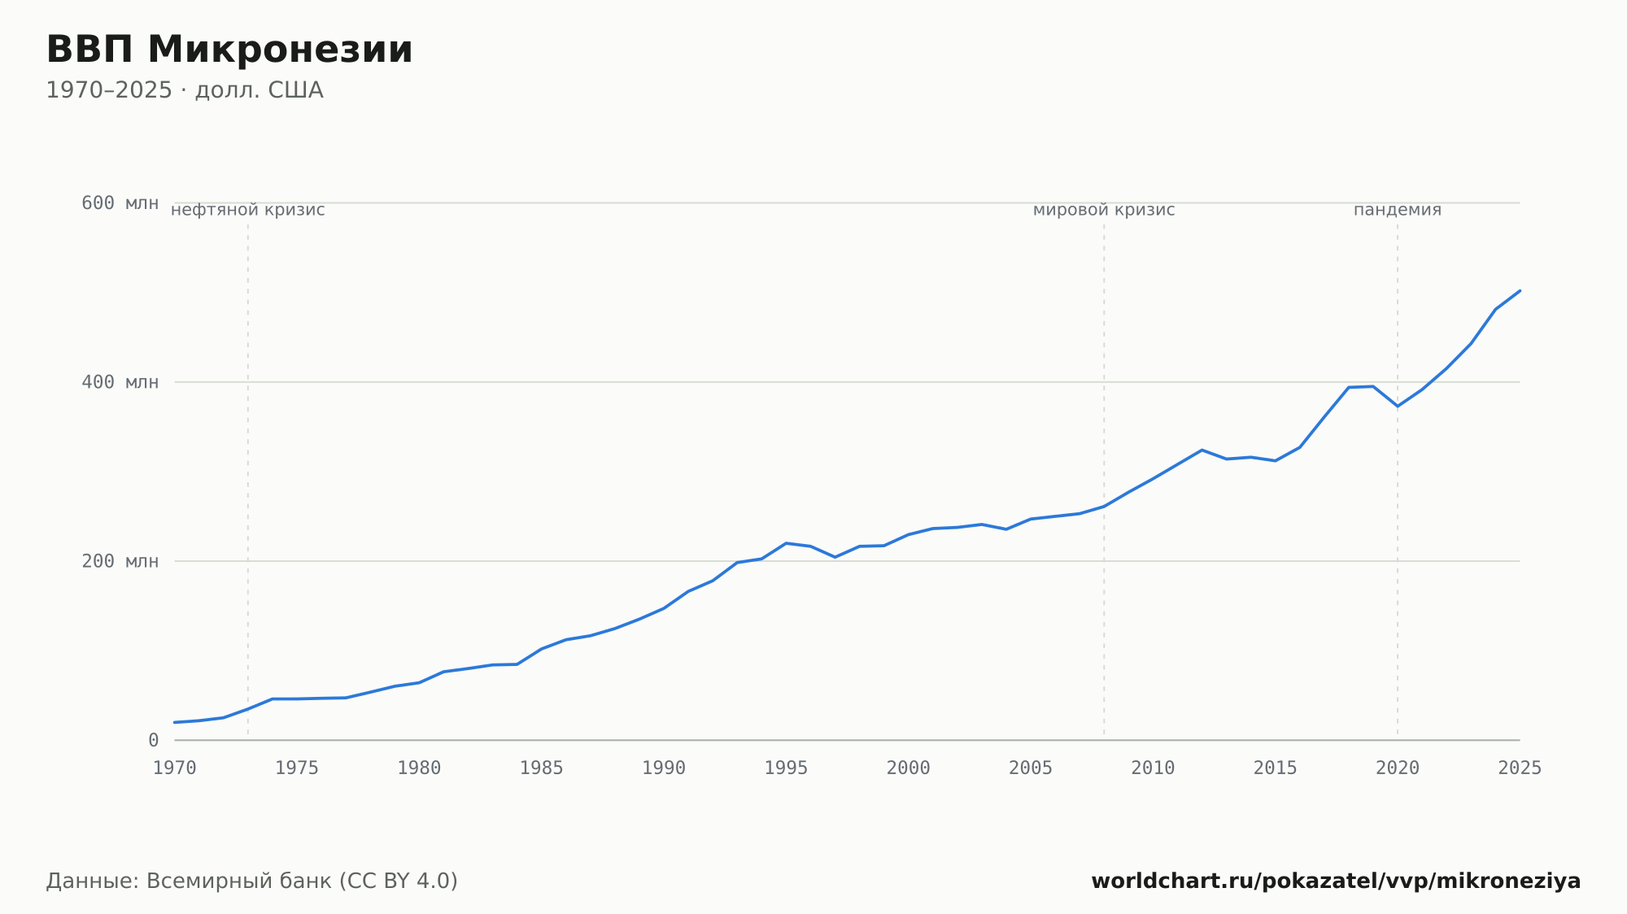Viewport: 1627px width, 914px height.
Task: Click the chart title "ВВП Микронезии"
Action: [x=229, y=50]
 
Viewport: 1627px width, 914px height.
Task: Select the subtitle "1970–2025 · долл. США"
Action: [x=185, y=90]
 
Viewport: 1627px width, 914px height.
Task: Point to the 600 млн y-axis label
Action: [x=120, y=203]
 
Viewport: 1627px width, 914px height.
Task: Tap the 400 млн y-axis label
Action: [x=120, y=382]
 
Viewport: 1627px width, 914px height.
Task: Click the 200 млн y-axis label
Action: [x=120, y=561]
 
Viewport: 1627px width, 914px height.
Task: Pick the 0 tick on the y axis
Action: [x=153, y=740]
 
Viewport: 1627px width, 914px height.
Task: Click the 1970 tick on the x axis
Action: [x=175, y=768]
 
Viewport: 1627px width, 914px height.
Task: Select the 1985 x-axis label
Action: [x=542, y=768]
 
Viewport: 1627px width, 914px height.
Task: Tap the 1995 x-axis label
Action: [x=786, y=768]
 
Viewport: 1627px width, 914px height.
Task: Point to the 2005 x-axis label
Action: [x=1031, y=768]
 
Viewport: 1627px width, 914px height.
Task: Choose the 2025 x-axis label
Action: [x=1520, y=768]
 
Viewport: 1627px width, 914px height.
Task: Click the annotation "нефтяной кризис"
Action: [x=248, y=210]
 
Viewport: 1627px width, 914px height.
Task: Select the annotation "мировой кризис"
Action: [x=1104, y=210]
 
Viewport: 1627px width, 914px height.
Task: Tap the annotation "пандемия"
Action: [x=1398, y=210]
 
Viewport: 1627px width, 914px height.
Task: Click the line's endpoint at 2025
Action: [x=1520, y=290]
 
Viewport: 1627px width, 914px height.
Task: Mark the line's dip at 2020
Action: [x=1398, y=406]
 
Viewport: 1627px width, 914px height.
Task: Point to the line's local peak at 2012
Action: [x=1202, y=450]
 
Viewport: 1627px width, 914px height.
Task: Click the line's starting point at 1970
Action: [x=175, y=722]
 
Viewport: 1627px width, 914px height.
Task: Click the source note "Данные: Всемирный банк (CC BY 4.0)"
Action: [x=252, y=881]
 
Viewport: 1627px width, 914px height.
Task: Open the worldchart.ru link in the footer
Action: [x=1336, y=881]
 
